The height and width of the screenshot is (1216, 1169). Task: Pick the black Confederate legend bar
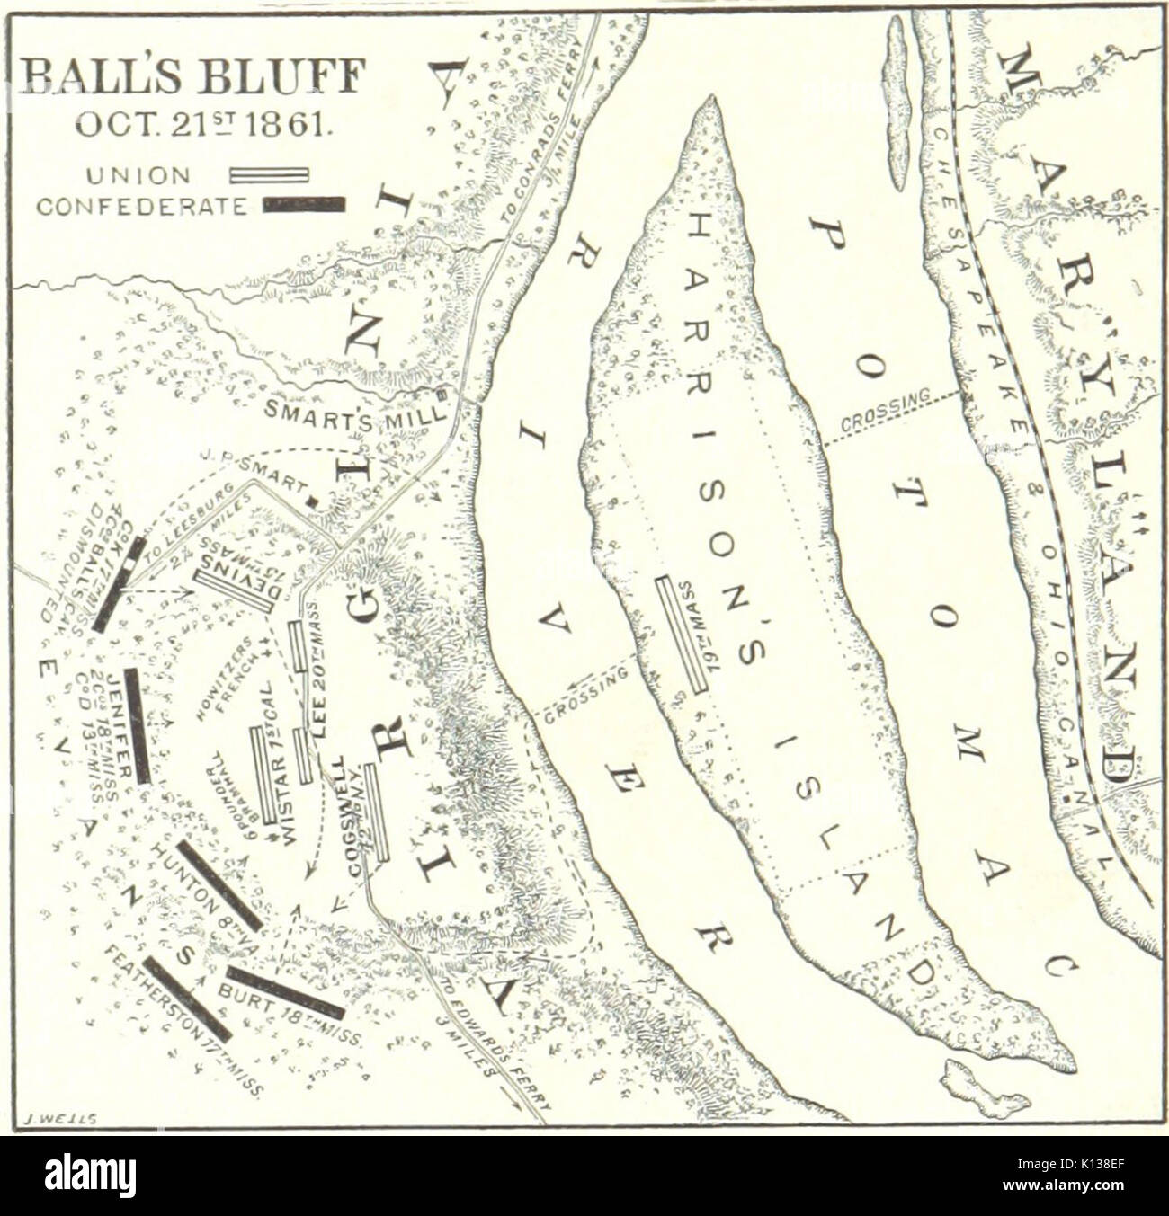coord(303,205)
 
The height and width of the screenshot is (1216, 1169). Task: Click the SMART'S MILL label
coord(352,410)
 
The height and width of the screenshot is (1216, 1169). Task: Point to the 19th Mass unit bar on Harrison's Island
coord(682,635)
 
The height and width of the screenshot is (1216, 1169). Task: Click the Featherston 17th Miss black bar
coord(188,999)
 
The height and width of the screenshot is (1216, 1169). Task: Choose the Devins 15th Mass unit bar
coord(233,589)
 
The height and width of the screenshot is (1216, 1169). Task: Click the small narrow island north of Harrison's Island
coord(897,103)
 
